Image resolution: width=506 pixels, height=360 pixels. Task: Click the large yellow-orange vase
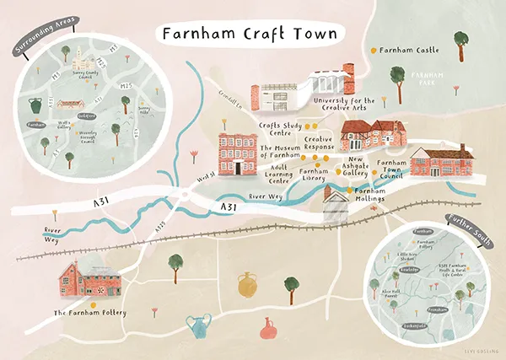tap(247, 286)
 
